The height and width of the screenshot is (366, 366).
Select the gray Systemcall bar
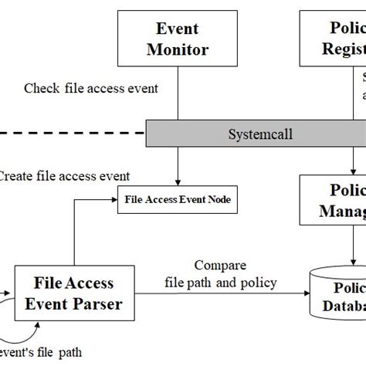255,132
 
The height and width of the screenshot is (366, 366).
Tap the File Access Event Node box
178,201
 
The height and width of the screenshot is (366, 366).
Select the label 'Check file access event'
91,88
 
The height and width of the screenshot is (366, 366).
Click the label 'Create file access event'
63,175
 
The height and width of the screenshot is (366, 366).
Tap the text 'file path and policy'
220,282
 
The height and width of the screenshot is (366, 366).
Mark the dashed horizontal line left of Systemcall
69,133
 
